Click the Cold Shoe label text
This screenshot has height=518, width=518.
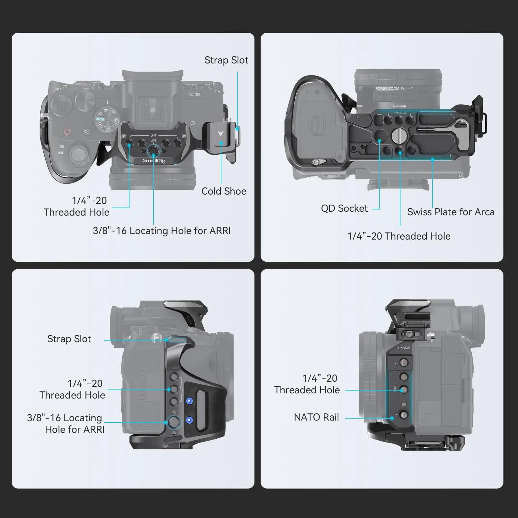click(x=224, y=191)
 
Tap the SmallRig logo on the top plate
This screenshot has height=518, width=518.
click(x=154, y=161)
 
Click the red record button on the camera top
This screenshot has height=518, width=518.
click(x=67, y=132)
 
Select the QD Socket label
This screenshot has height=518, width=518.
click(x=344, y=208)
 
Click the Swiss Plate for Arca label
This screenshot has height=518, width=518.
click(x=451, y=212)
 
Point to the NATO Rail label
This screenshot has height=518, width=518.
click(x=316, y=417)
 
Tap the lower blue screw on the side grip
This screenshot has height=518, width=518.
click(x=189, y=420)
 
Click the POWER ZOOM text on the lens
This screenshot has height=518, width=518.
click(x=387, y=88)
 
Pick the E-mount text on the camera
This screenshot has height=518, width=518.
click(x=399, y=106)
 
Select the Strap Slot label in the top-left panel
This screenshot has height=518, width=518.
click(x=226, y=60)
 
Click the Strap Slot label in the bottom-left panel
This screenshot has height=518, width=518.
click(x=69, y=339)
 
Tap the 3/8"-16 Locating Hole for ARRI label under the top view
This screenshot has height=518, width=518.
click(x=162, y=231)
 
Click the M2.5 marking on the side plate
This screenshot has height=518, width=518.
click(x=406, y=348)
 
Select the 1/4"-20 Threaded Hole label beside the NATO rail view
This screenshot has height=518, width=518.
click(x=307, y=384)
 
